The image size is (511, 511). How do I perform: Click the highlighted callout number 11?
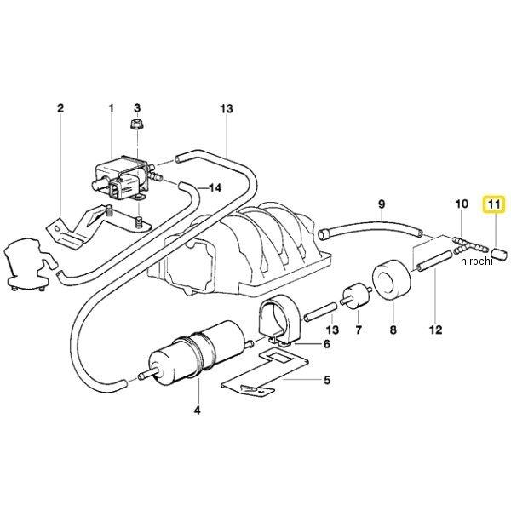tap(493, 204)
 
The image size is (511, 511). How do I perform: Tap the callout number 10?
tap(462, 204)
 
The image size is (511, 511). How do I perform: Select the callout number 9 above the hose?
tap(382, 204)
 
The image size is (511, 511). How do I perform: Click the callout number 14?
tap(215, 187)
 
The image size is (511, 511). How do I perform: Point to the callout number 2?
tap(60, 108)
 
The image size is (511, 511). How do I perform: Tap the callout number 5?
tap(327, 380)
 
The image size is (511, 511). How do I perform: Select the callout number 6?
tap(326, 344)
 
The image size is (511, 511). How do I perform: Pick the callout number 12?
tap(436, 330)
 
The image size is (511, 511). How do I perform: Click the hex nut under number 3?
tap(137, 124)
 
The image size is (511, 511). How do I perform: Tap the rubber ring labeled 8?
tap(391, 279)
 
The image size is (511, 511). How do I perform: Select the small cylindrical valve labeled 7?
tap(356, 296)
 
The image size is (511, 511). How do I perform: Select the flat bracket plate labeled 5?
tap(265, 371)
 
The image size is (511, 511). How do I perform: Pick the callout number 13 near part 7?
tap(332, 330)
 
